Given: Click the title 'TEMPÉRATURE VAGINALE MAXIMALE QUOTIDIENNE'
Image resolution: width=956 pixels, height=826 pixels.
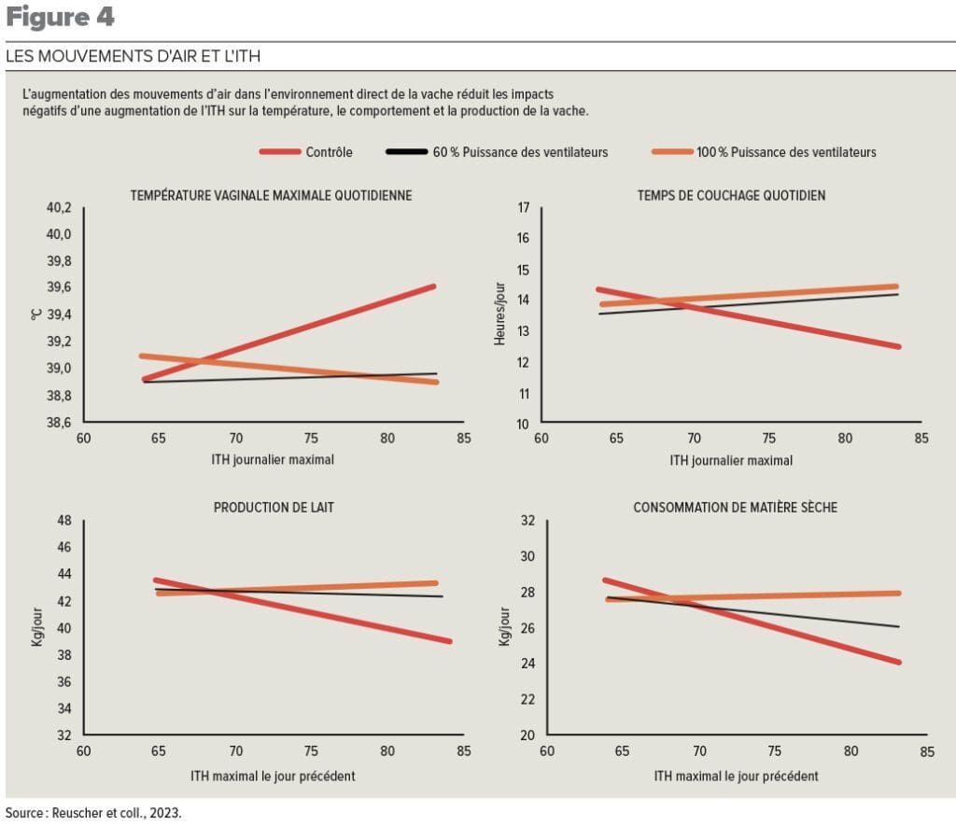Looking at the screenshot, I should coord(271,195).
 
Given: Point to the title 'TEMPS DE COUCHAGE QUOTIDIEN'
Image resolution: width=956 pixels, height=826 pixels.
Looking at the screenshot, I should coord(731,195).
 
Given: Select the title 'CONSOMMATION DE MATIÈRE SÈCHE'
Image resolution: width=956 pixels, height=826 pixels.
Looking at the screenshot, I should coord(735,508).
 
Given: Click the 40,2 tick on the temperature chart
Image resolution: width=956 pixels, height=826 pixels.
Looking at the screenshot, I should coord(59,207).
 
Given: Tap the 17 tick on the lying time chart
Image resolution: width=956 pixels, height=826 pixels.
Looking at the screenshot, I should coord(524,207).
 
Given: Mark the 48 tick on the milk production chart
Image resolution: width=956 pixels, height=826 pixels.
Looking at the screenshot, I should coord(65,520).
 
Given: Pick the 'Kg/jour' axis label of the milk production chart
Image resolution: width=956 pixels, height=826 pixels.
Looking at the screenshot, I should coord(37,628).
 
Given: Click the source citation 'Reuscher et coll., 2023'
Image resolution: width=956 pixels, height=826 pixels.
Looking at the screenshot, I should coord(93,813).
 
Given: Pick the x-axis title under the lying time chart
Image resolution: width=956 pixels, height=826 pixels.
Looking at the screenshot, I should coord(731,461).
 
